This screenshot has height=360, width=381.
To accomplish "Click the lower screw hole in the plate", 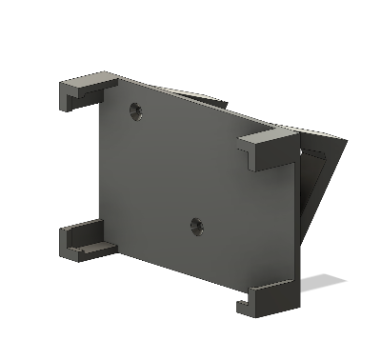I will click(x=196, y=227).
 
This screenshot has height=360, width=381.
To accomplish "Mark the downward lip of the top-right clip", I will click(x=252, y=163).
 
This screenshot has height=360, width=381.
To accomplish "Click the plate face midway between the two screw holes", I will click(x=168, y=170).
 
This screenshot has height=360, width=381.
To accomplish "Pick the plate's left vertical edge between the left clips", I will click(x=95, y=162).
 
